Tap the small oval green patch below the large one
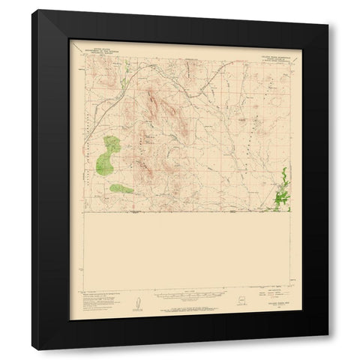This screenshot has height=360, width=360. [x=121, y=187]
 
